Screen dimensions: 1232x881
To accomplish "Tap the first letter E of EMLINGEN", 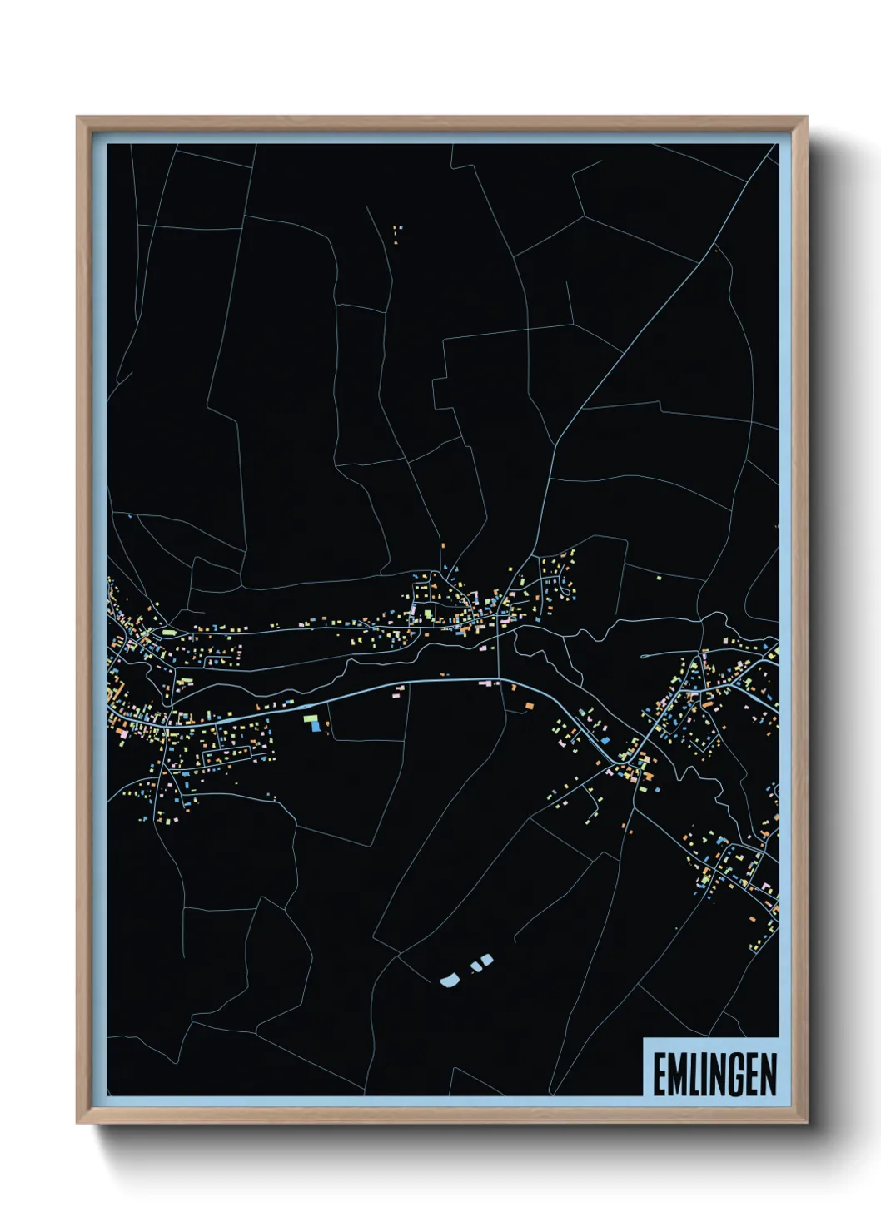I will [x=659, y=1075].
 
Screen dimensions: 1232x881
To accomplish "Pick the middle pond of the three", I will [x=475, y=966].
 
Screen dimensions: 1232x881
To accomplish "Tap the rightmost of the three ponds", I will [x=487, y=959].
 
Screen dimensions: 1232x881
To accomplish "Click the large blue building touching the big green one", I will [x=315, y=726].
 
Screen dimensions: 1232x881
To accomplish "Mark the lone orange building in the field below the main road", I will [x=529, y=706].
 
